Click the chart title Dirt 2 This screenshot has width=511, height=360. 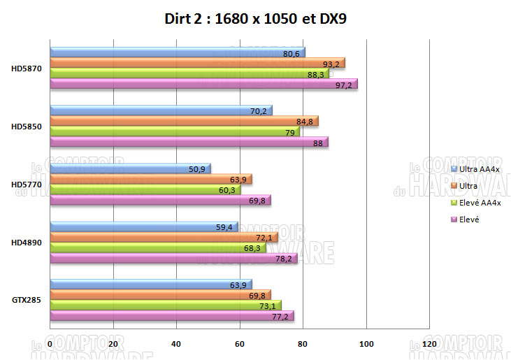(255, 20)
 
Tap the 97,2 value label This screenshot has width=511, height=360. (344, 85)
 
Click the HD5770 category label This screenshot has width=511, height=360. (25, 184)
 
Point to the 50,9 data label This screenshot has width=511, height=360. (197, 170)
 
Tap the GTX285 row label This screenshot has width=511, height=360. (25, 300)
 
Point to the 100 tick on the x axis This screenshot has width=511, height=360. (366, 345)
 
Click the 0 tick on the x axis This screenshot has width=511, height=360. (50, 345)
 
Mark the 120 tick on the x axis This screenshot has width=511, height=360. (429, 345)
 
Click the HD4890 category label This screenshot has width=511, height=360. (25, 242)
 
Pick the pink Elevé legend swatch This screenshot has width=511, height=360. (455, 219)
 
